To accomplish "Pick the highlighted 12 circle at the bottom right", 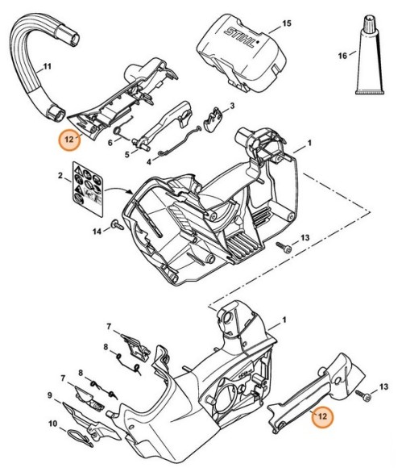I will [321, 417].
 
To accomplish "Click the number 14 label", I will [97, 231].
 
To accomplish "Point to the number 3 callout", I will [232, 106].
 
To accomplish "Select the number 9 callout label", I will [50, 395].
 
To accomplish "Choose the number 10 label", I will [52, 424].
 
